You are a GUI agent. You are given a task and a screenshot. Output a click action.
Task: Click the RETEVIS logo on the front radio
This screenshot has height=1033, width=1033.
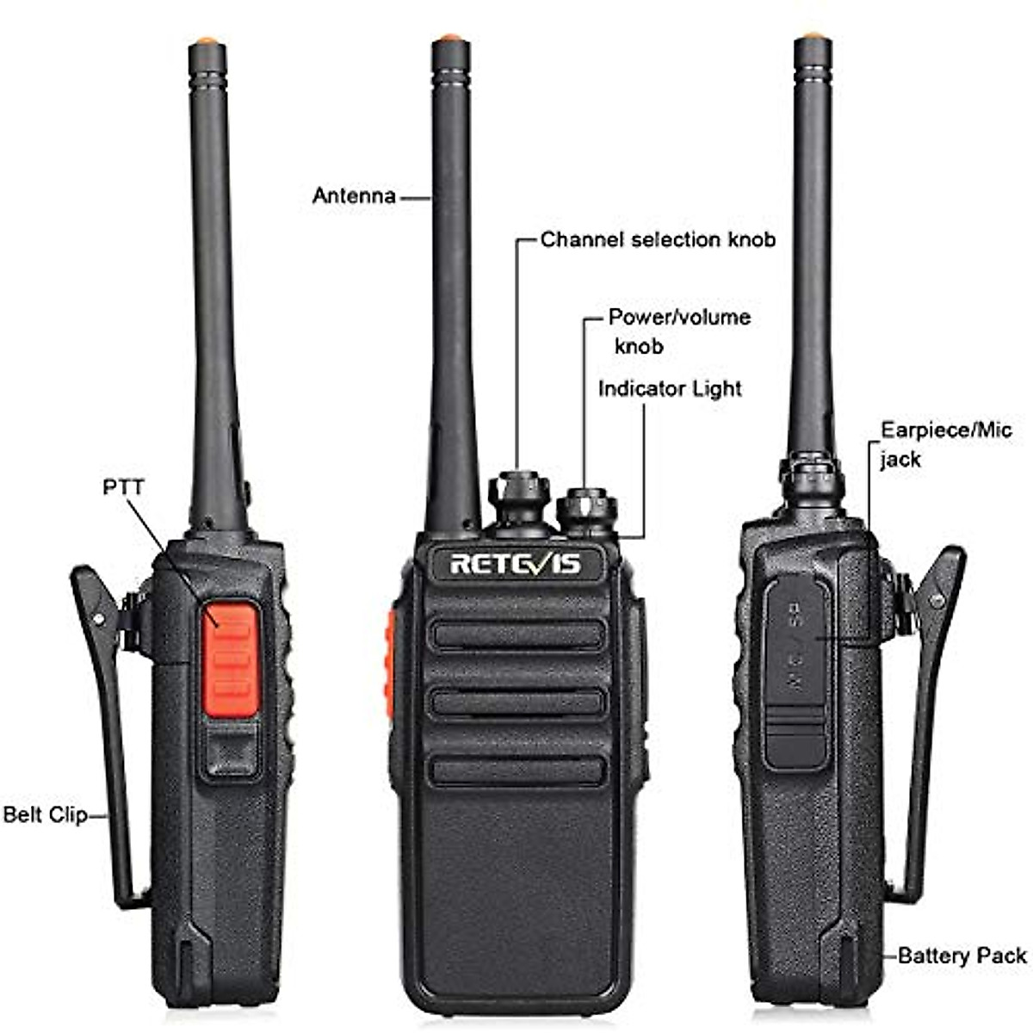tap(516, 564)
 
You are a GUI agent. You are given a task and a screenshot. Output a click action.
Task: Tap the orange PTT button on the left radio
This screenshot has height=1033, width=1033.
tap(230, 649)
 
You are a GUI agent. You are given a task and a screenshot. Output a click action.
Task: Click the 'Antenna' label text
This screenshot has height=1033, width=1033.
tap(354, 195)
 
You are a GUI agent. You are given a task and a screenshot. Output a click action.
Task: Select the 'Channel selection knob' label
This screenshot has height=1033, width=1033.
tap(658, 239)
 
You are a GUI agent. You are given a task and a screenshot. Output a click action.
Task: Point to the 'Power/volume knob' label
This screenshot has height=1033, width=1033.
tap(678, 331)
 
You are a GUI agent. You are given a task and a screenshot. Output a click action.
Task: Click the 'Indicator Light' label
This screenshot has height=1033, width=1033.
tap(670, 388)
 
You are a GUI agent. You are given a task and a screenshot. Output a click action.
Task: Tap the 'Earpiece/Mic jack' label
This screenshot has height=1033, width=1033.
tap(945, 443)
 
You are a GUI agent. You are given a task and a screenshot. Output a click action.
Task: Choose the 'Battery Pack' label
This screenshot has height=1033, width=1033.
tap(962, 956)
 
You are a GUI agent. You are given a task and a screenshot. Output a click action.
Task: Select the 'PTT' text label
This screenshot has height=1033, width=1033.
tap(123, 487)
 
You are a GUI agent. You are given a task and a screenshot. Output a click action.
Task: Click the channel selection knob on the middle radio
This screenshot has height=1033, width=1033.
tap(518, 498)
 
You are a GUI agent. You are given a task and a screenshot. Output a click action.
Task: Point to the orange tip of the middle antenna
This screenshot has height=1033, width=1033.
tap(448, 39)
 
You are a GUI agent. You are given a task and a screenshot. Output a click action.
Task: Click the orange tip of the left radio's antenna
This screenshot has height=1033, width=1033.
tap(206, 40)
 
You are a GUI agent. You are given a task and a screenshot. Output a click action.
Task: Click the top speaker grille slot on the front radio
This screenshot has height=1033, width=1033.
tap(516, 635)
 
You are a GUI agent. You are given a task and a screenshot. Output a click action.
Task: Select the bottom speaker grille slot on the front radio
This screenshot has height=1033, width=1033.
tap(516, 770)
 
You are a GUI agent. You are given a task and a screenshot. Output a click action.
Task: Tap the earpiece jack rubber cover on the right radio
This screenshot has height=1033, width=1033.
tap(795, 671)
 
